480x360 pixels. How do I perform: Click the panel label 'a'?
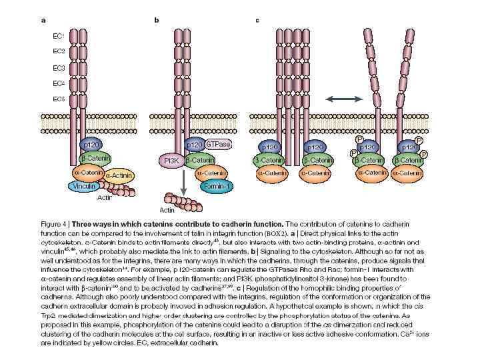click(44, 20)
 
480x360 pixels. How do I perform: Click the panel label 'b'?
click(157, 20)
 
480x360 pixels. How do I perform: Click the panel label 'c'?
click(257, 20)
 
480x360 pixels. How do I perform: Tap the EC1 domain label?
click(59, 35)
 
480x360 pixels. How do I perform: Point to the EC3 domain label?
click(59, 67)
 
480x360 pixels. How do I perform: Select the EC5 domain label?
click(59, 99)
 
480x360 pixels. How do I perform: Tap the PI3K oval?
click(169, 161)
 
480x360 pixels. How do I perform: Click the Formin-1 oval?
click(216, 187)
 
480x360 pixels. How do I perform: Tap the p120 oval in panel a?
click(90, 145)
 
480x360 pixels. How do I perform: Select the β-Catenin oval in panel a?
click(95, 158)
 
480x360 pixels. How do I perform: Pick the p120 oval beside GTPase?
click(194, 145)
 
